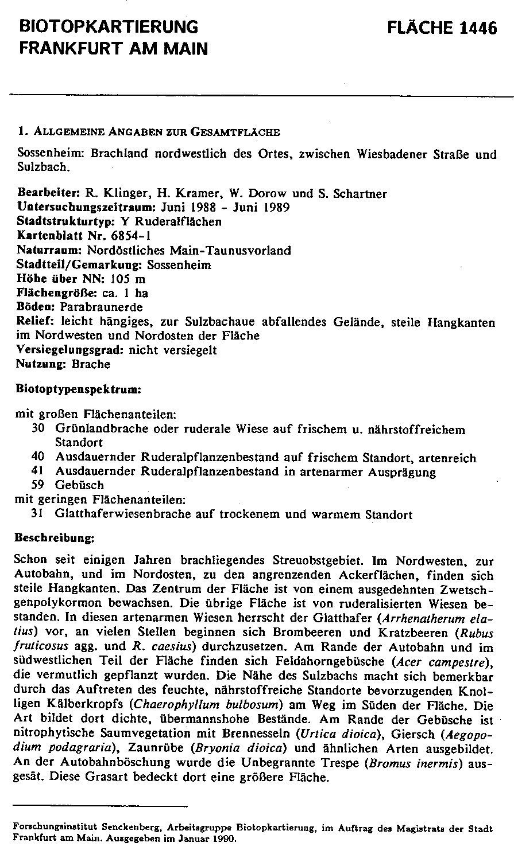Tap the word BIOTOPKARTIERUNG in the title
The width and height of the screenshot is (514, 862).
coord(109,27)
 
